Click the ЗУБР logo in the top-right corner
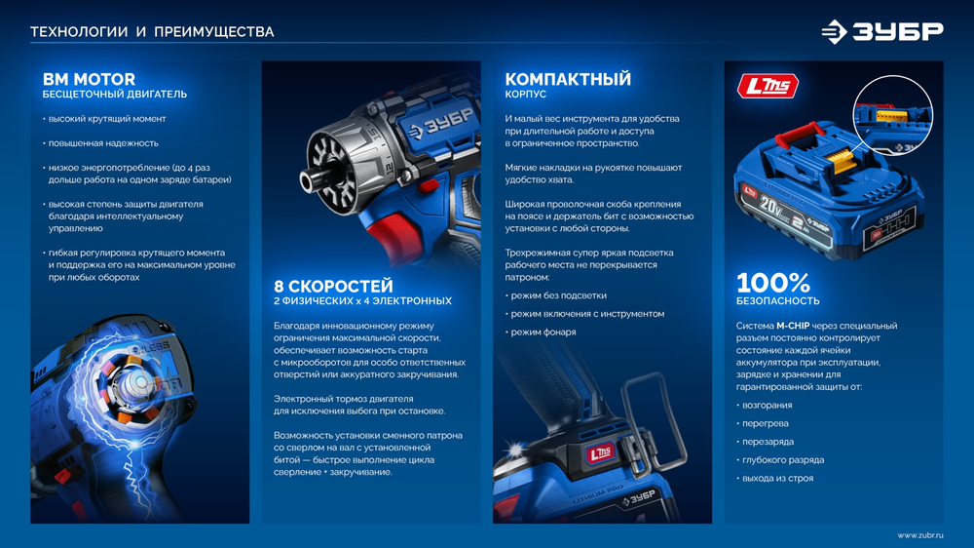[881, 31]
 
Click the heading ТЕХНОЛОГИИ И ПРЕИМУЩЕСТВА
[152, 32]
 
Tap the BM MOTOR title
[89, 79]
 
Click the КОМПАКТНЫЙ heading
[568, 79]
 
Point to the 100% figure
[772, 283]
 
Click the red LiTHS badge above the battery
[768, 87]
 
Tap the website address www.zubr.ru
[919, 534]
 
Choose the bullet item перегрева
[766, 423]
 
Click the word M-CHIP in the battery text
[795, 326]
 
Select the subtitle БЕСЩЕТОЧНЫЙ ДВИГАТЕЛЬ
[114, 96]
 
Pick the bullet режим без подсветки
[558, 295]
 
